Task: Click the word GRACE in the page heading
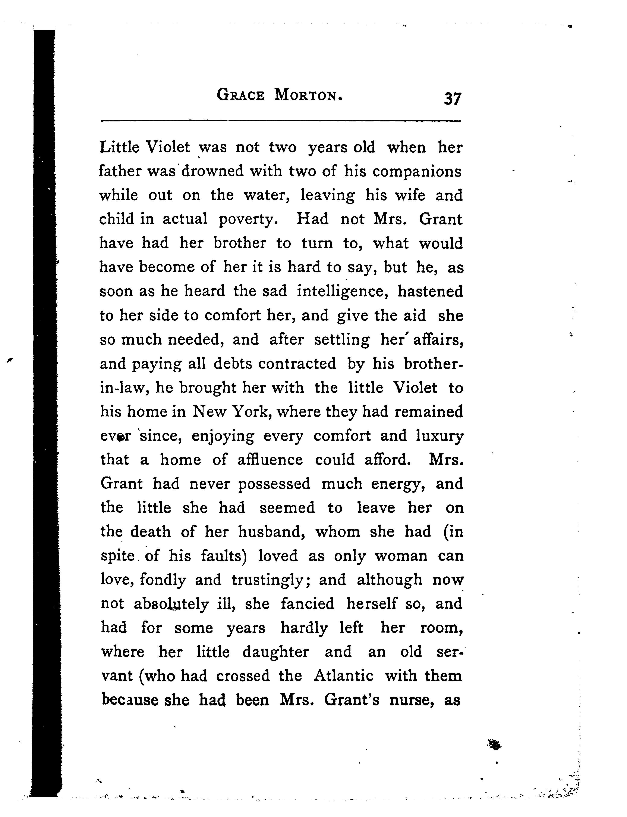point(241,95)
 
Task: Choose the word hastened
point(430,291)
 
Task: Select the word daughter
point(276,652)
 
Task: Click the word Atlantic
point(343,675)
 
